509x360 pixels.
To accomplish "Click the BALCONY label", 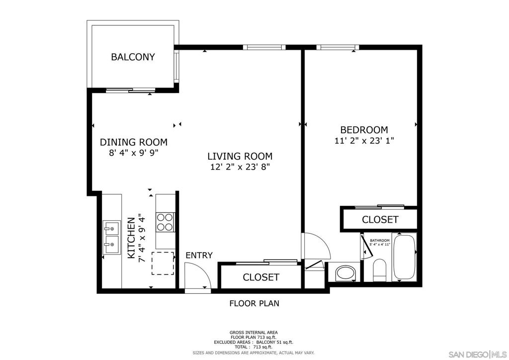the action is click(133, 57).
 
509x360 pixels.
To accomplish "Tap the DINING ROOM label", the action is click(133, 142).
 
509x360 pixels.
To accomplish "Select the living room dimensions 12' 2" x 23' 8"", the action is click(240, 167).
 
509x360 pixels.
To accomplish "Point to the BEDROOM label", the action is click(364, 130).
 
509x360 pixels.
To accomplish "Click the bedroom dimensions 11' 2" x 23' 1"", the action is click(364, 141).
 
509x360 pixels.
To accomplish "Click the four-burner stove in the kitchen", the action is click(165, 222).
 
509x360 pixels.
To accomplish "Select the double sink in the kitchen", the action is click(111, 237).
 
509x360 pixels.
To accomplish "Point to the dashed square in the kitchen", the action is click(163, 263).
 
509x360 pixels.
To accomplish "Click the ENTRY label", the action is click(199, 256).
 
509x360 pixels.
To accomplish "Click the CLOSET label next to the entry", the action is click(261, 277).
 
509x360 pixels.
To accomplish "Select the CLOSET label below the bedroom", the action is click(380, 219).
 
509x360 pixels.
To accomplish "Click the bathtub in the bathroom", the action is click(404, 258).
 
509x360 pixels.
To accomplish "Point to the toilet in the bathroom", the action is click(379, 270).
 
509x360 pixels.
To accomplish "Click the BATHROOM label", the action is click(379, 241).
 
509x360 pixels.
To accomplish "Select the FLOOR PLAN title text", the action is click(254, 303).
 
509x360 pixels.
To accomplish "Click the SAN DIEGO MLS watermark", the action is click(478, 354).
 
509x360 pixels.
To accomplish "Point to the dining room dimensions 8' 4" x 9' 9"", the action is click(133, 153).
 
